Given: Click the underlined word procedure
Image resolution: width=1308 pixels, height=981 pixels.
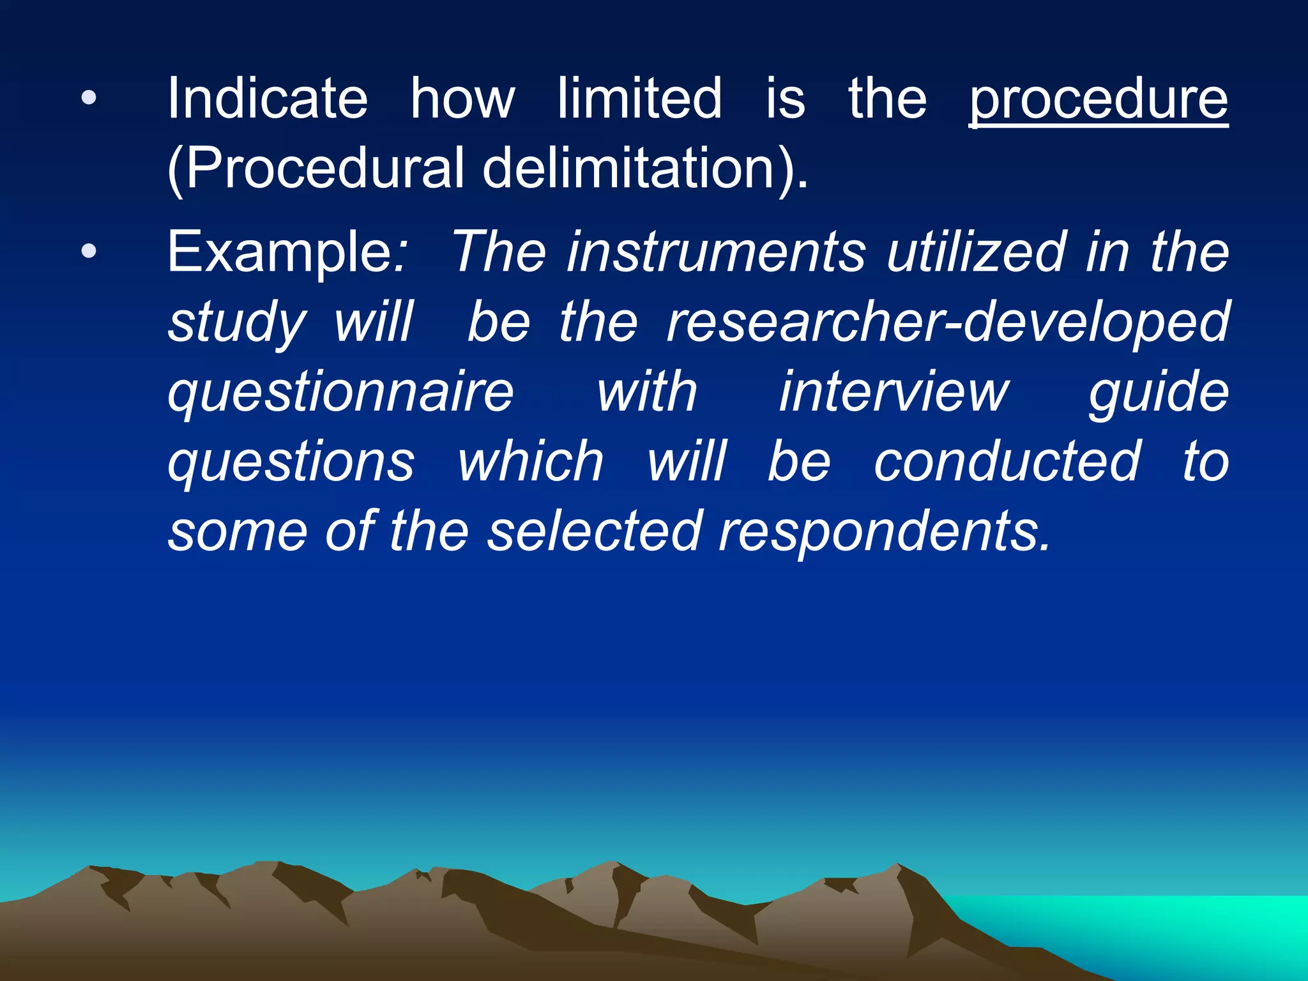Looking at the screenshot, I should [x=1099, y=101].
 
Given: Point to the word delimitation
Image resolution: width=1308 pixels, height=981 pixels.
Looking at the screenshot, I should [x=629, y=169].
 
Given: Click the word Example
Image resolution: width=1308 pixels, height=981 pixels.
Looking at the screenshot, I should [x=281, y=253].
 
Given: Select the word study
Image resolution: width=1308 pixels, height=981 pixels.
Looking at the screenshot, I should [x=236, y=323].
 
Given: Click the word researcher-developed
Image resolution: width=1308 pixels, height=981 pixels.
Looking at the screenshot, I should [x=948, y=322].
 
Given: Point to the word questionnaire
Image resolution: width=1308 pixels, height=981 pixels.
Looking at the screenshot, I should [x=340, y=392].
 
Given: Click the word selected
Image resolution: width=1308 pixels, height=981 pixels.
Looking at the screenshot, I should [x=595, y=531].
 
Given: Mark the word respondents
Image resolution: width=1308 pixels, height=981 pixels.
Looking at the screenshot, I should [x=885, y=533].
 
